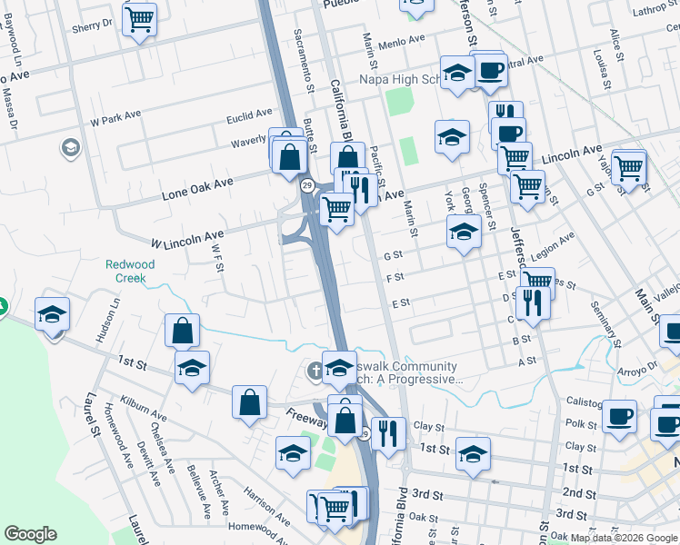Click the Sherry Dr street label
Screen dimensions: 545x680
[x=93, y=25]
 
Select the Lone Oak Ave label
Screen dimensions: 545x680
[x=197, y=188]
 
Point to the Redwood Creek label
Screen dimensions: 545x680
[x=130, y=271]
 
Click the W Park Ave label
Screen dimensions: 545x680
[x=115, y=118]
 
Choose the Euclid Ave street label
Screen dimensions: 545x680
[x=249, y=116]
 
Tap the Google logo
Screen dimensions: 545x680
[x=30, y=534]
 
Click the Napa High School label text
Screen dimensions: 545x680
[x=400, y=80]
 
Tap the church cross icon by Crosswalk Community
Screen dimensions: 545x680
[x=315, y=369]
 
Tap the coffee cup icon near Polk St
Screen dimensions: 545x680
[x=619, y=417]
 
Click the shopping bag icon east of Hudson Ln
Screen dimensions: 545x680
[x=182, y=331]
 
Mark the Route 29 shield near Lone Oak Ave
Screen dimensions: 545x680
[x=307, y=186]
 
